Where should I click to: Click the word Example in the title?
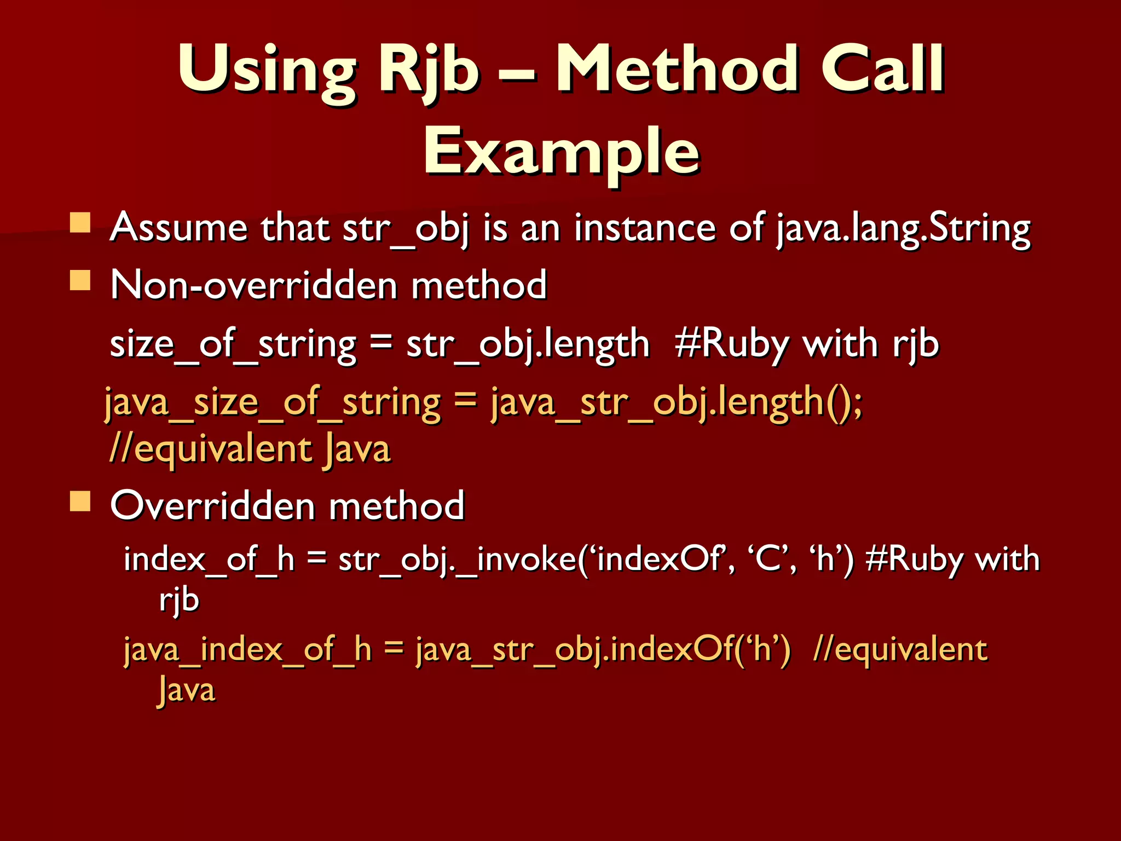pos(561,151)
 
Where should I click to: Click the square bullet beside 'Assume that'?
pos(80,223)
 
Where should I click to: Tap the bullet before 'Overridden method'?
pos(80,500)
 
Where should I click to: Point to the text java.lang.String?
pos(903,228)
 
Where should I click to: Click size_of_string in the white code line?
pos(233,345)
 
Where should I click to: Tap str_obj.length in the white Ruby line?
pos(528,345)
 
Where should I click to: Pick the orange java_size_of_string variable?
pos(272,402)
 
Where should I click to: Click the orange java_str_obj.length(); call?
pos(676,402)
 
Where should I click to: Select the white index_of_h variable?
pos(209,560)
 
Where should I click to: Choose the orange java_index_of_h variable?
pos(247,650)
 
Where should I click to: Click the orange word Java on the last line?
pos(187,690)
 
